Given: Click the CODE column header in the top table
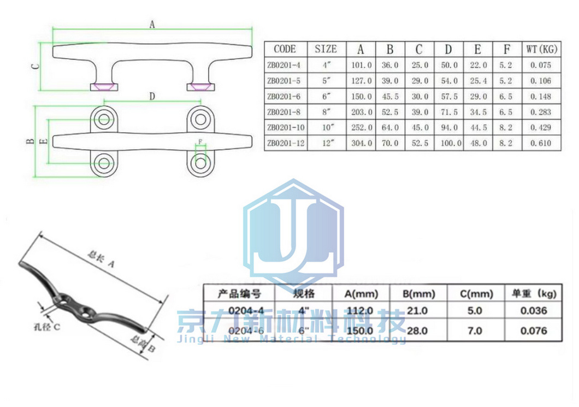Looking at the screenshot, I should pos(285,49).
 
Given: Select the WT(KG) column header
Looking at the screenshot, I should pos(541,49).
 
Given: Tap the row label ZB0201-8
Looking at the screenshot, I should pos(285,113).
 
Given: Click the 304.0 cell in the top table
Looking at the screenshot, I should pos(361,144).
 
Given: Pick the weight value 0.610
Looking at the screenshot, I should pos(541,144).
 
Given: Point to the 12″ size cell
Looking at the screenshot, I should pos(327,144).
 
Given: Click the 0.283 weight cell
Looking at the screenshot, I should pos(541,113).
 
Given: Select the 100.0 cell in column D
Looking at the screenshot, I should pos(448,144).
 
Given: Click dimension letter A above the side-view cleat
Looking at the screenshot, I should pos(152,24).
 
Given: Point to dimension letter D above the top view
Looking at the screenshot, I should pos(152,97).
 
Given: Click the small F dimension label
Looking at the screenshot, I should pos(201,143).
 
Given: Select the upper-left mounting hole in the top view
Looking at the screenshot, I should pos(104,119).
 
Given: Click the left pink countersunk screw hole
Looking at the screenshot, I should pos(104,86).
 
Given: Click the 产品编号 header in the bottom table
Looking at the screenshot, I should pos(239,294).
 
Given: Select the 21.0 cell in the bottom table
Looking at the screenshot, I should pos(419,310).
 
